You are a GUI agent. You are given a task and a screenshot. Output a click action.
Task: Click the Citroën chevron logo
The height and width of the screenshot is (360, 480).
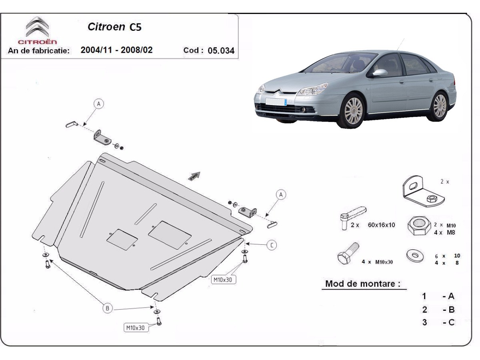pos(37,27)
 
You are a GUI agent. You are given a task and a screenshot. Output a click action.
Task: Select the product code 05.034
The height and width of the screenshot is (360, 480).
pos(221,51)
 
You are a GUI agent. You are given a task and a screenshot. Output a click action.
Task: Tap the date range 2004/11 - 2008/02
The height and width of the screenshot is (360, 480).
pos(116,50)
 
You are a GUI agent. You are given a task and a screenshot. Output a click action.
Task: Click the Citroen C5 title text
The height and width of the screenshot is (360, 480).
pos(114,27)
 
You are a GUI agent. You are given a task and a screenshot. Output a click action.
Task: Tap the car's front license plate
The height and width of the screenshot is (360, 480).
pos(276,102)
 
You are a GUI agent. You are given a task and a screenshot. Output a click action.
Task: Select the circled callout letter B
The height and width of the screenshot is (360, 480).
pos(107,308)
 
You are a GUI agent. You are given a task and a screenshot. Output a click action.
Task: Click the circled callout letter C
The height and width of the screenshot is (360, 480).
pos(272,245)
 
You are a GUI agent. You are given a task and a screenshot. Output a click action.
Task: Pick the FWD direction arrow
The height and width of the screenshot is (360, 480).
pos(194,176)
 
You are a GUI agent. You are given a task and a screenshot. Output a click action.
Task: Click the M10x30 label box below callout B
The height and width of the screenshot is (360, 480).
pos(136,328)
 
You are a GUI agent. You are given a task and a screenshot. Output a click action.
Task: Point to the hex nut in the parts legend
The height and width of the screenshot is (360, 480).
pos(419,226)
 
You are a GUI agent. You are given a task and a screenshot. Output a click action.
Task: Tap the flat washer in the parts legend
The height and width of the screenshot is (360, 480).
pos(415,256)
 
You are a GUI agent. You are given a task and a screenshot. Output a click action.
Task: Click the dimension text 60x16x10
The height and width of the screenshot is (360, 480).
pos(381,225)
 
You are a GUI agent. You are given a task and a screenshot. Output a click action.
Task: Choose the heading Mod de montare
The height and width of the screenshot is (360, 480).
pos(363,284)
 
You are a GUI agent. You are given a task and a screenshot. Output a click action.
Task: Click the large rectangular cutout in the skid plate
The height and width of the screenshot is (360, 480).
pos(170,235)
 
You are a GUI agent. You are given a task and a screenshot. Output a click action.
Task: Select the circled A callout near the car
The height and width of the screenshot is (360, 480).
pos(281,194)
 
